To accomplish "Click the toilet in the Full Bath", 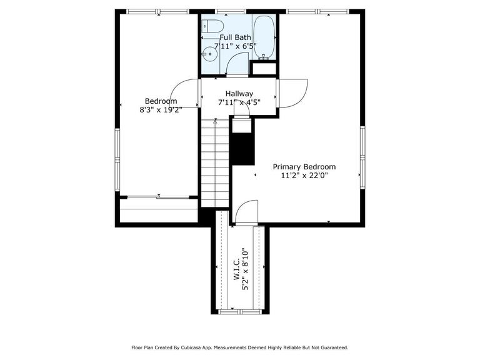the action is (x=212, y=26).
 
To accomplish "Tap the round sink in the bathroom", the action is (x=209, y=54).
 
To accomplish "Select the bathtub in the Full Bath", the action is (x=264, y=37).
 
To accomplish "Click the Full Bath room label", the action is (x=236, y=37).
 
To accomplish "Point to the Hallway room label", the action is (x=239, y=94).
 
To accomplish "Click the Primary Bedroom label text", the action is (x=304, y=167).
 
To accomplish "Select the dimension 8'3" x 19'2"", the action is (x=161, y=109).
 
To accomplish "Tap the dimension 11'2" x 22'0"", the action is (x=304, y=176).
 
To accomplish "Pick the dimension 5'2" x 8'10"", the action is (x=246, y=269).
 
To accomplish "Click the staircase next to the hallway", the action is (x=215, y=163).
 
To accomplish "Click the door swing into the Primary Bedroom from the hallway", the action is (x=292, y=93).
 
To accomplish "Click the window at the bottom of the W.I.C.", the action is (x=240, y=312).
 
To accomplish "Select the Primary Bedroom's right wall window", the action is (x=362, y=157).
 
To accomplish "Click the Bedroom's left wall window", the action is (x=117, y=159).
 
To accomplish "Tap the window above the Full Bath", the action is (x=231, y=12).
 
